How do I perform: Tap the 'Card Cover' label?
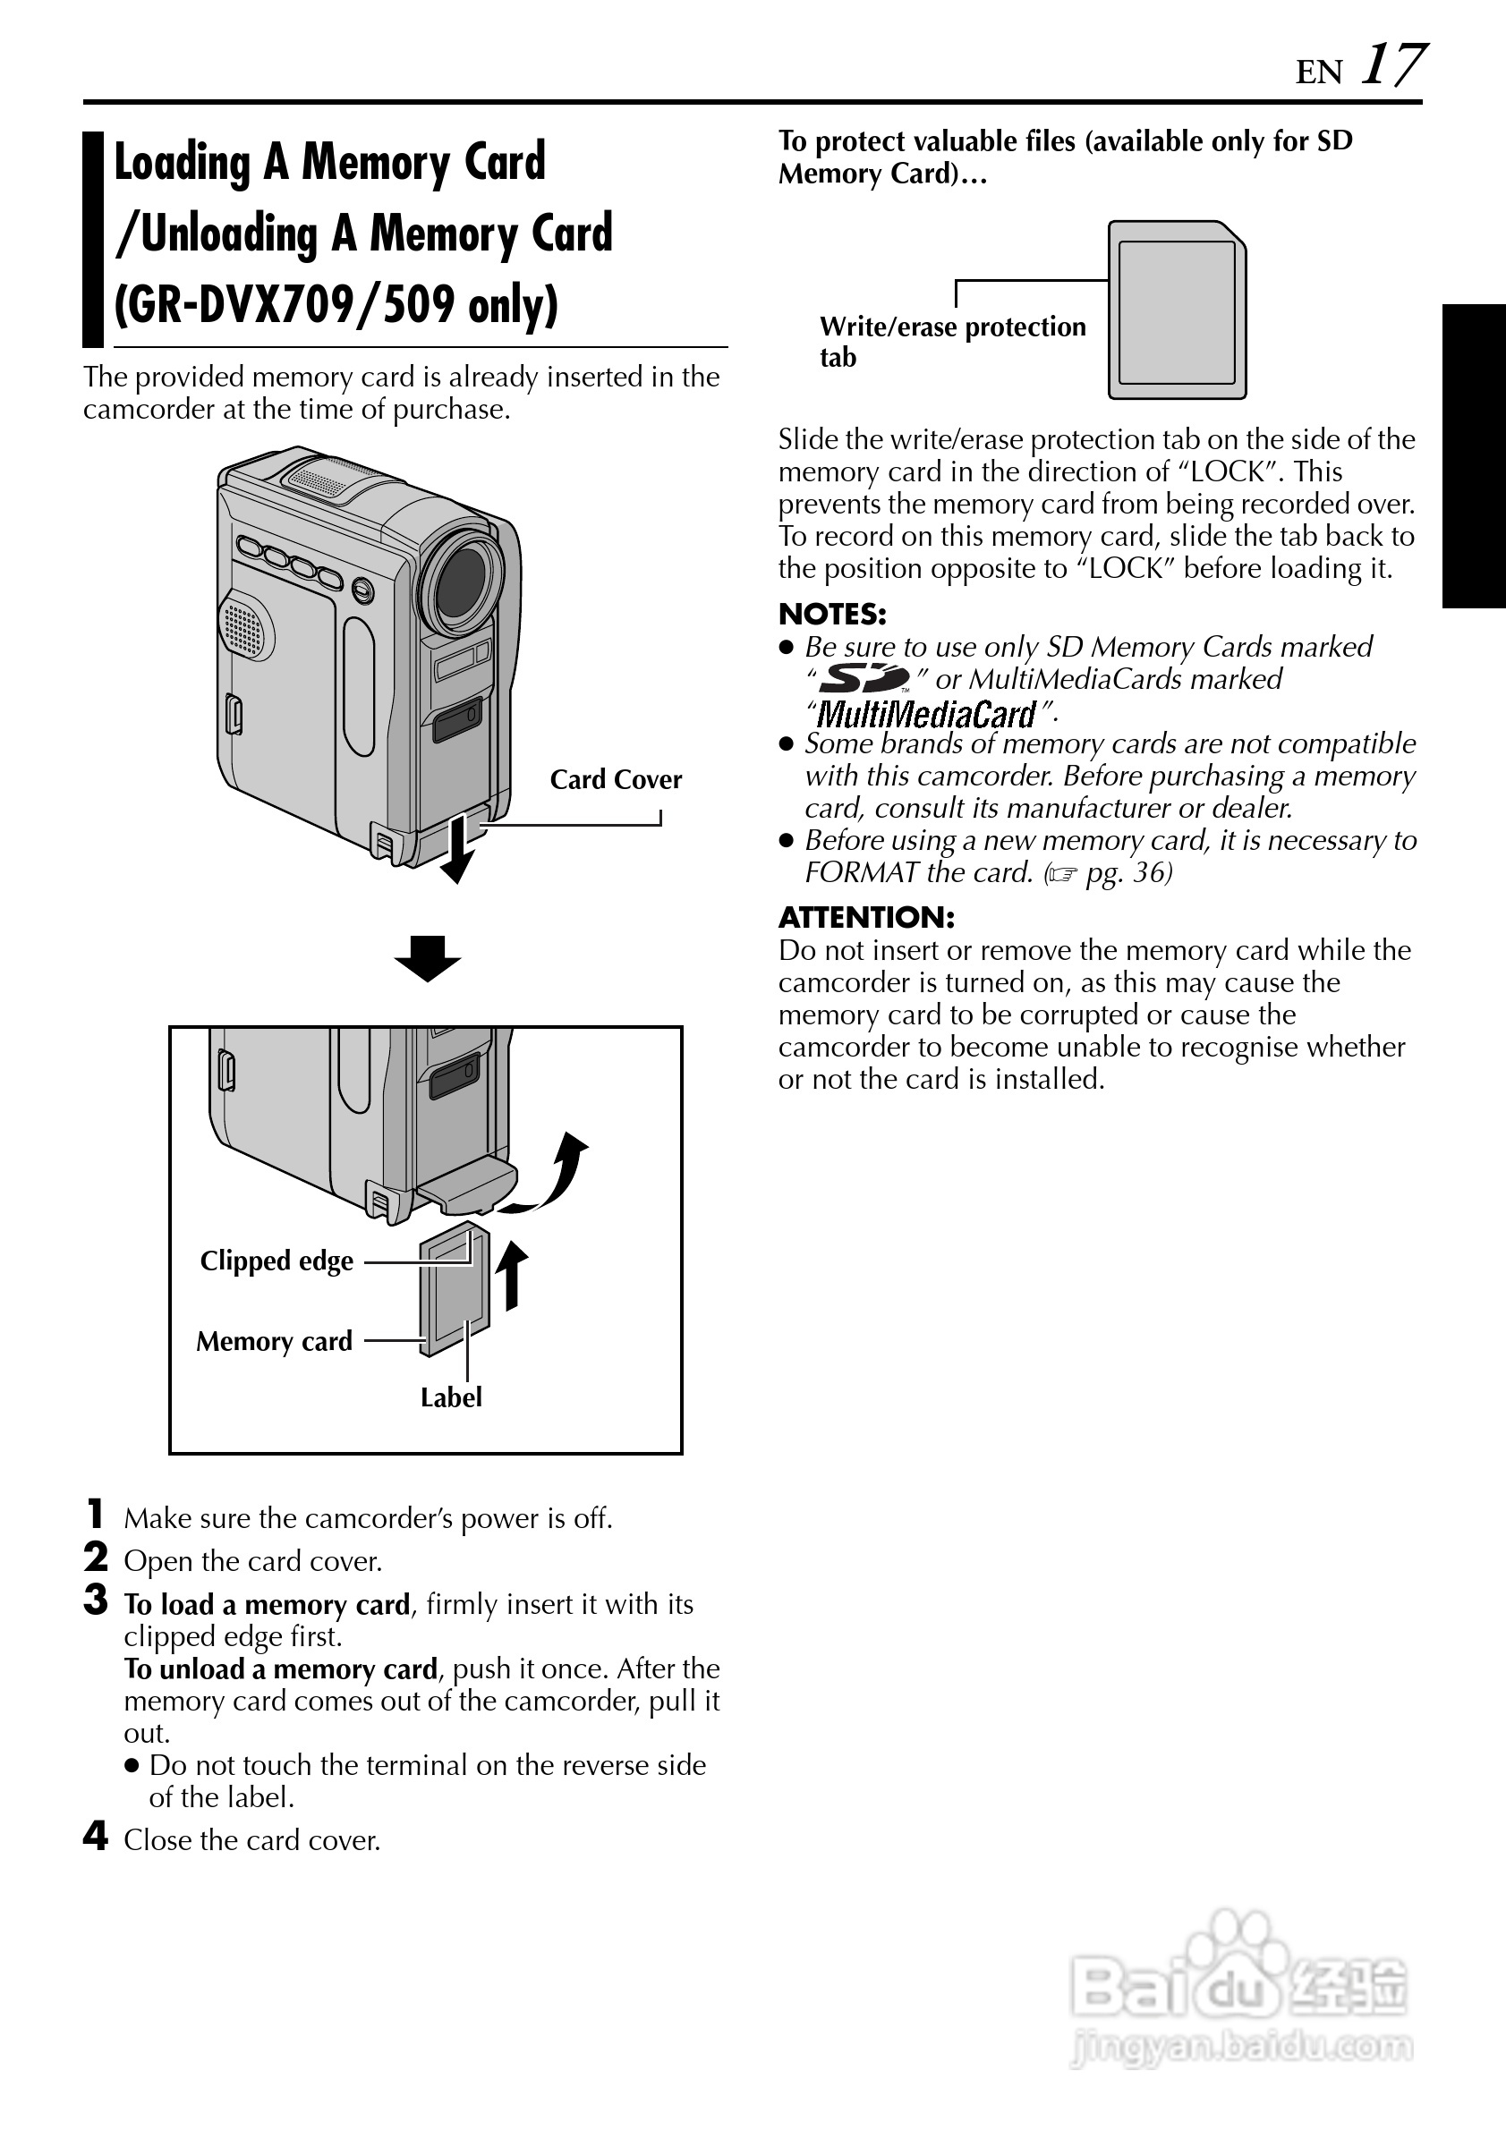(x=616, y=778)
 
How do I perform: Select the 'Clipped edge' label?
(x=277, y=1261)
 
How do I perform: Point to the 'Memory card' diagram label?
(x=274, y=1341)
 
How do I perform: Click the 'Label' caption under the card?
(x=450, y=1397)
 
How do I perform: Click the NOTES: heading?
(x=832, y=615)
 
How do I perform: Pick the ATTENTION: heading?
(x=865, y=917)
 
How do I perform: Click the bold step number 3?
(x=96, y=1601)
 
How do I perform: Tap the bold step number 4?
(x=96, y=1836)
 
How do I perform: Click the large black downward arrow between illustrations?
(x=428, y=959)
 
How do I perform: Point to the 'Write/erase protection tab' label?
(x=951, y=341)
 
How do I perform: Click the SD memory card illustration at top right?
(x=1177, y=311)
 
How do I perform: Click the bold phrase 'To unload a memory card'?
(x=280, y=1668)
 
